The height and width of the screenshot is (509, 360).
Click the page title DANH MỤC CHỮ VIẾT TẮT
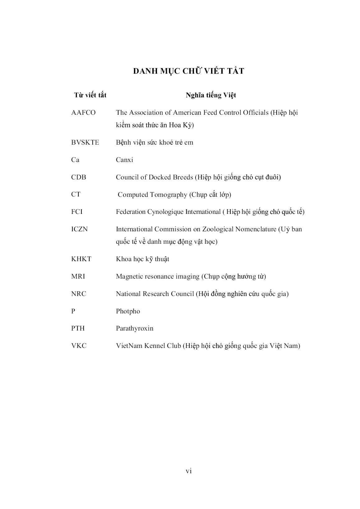(188, 71)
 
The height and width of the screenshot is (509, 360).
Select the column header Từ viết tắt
(90, 95)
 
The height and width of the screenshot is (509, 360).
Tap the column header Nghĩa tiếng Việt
(211, 95)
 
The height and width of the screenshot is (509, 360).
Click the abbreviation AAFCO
(83, 113)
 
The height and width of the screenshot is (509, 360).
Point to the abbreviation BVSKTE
(85, 142)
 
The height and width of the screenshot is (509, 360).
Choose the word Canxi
(124, 160)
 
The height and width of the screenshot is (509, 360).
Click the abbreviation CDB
(78, 177)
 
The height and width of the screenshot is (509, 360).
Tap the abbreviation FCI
(77, 212)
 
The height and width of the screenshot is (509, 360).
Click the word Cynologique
(165, 212)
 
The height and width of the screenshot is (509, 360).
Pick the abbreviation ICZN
(79, 229)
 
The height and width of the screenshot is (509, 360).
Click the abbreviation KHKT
(81, 259)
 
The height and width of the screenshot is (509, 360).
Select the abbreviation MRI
(78, 276)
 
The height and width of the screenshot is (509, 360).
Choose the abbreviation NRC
(79, 294)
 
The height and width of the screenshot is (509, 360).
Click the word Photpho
(128, 311)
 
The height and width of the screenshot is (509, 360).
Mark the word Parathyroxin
(135, 328)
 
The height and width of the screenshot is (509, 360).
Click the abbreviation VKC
(79, 346)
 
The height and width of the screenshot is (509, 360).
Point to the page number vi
(188, 471)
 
